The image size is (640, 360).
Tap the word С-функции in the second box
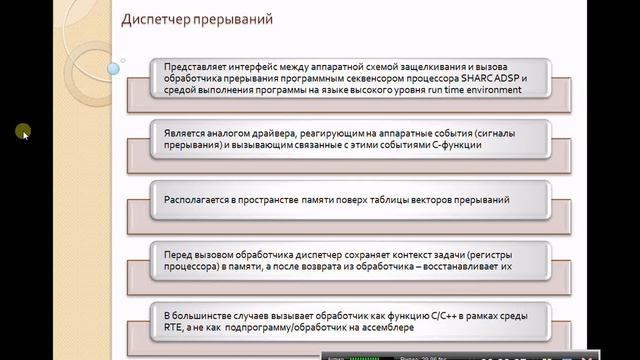point(454,145)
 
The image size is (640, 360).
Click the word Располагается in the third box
point(197,200)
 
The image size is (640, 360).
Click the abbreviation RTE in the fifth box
point(173,327)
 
